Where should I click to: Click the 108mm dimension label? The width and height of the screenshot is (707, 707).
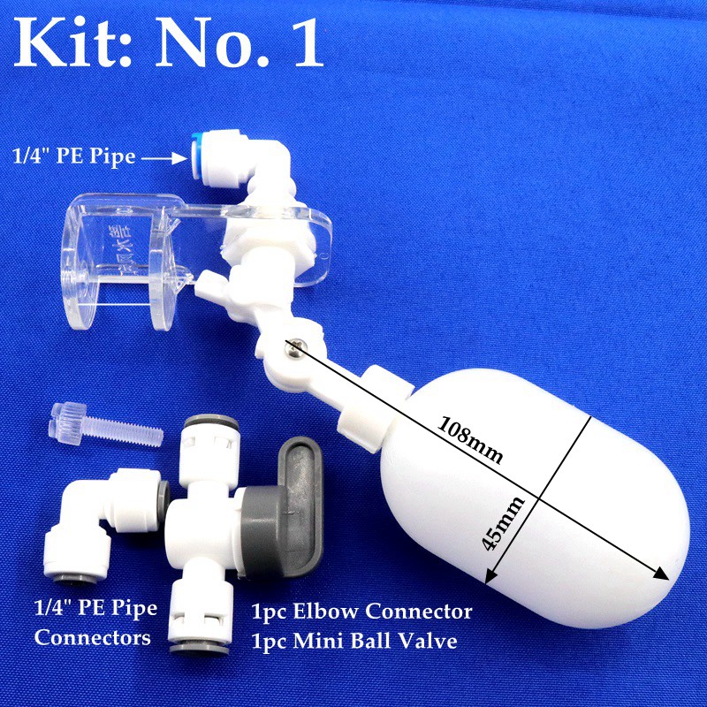469,440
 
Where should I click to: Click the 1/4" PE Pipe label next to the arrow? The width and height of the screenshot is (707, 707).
73,157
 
